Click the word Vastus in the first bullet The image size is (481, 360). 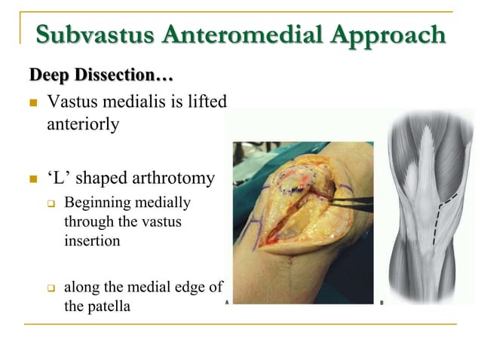(71, 102)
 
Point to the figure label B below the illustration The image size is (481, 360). (381, 303)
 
